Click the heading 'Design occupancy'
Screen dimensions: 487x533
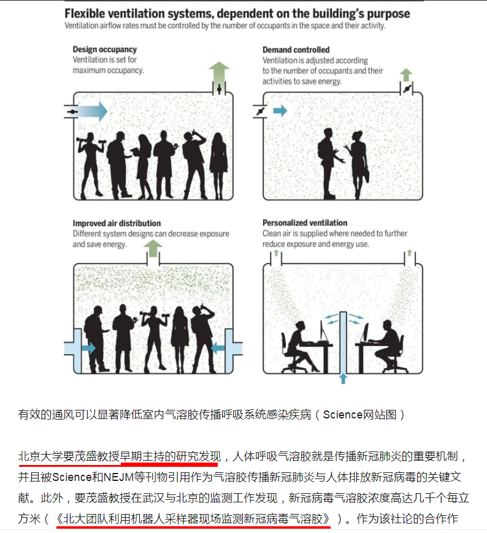click(104, 50)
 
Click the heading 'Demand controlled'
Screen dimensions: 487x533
click(296, 50)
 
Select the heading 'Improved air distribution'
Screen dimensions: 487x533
click(117, 224)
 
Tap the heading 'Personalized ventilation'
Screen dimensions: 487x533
click(305, 223)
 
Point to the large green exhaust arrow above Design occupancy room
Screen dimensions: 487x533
click(219, 72)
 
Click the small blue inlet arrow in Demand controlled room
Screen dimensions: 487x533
click(280, 110)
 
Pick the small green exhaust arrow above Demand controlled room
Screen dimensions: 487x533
click(406, 75)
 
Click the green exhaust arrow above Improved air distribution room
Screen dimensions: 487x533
click(153, 248)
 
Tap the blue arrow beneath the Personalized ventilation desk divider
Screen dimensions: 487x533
click(343, 379)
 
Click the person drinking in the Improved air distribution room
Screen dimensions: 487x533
click(203, 339)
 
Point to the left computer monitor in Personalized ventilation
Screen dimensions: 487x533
click(322, 330)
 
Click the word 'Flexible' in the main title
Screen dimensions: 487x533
click(85, 13)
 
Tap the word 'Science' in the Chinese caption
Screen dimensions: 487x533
click(342, 415)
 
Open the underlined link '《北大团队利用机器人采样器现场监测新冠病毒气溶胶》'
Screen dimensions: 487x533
click(193, 519)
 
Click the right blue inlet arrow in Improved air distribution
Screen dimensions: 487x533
click(218, 348)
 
